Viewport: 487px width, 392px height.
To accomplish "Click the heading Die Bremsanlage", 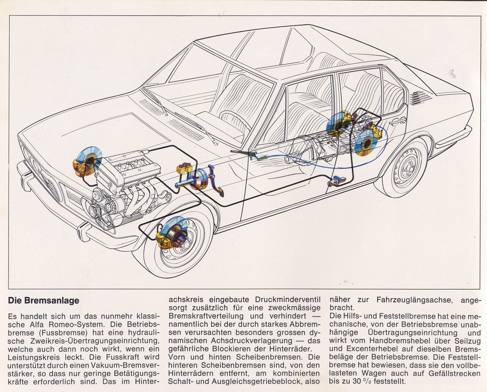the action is (x=44, y=301).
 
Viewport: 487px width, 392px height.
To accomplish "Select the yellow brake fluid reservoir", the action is (x=184, y=168).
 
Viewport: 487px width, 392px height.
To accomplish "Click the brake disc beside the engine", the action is (x=89, y=160).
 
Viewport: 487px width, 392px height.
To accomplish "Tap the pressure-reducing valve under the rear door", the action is (x=337, y=181).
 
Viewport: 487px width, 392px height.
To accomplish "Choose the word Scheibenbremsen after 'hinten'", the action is (x=270, y=357).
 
